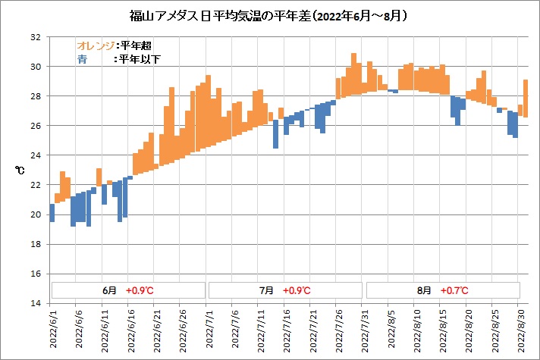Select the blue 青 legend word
tap(81, 58)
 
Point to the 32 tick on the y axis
tap(36, 37)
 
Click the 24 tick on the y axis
tap(36, 155)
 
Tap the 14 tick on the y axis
tap(36, 303)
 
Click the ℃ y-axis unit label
tap(20, 171)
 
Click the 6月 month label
tap(110, 290)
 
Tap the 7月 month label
tap(265, 290)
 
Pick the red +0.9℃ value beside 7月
tap(296, 290)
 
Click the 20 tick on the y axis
tap(36, 214)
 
